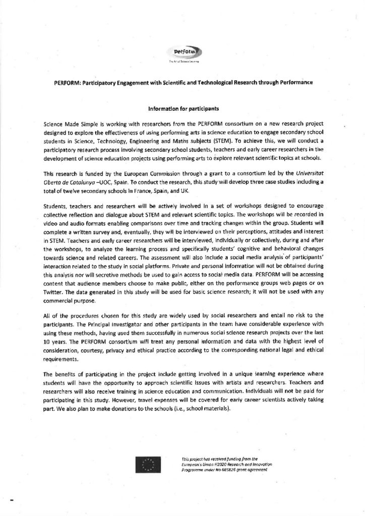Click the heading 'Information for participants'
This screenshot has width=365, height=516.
[x=182, y=108]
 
